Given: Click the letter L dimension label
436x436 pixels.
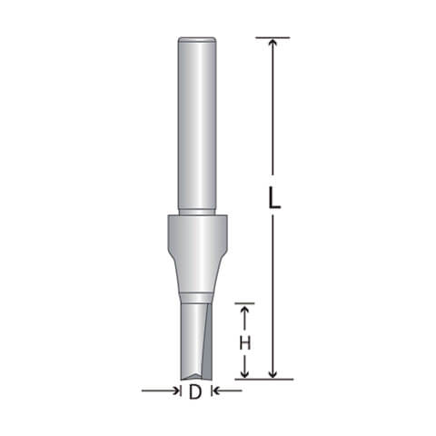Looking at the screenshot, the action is tap(274, 197).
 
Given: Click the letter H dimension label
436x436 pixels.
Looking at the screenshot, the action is tap(245, 343).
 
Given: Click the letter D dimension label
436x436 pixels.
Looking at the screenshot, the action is tap(195, 392).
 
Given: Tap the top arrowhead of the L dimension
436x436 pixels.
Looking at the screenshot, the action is tap(272, 43).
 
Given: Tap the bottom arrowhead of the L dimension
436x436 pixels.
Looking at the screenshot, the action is tap(272, 374).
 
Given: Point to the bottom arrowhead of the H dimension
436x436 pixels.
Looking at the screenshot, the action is tap(245, 373).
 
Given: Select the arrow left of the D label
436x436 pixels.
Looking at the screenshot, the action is tap(160, 391).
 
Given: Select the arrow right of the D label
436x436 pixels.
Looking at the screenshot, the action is tap(228, 391).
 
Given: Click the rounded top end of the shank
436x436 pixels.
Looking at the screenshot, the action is tap(197, 39).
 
